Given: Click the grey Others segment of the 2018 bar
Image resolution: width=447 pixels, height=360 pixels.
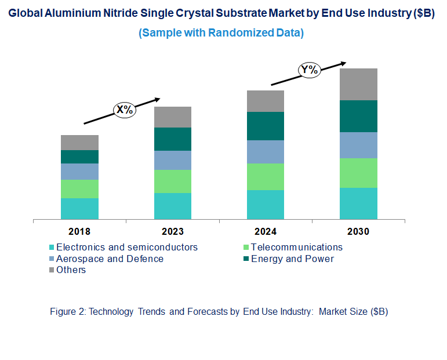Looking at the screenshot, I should (x=79, y=143).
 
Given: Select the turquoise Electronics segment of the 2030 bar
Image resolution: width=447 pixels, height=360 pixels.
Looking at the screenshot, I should (x=358, y=203).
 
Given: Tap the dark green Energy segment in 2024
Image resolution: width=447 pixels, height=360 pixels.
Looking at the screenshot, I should (x=266, y=126).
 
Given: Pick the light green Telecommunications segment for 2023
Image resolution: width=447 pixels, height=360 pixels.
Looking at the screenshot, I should (x=173, y=181).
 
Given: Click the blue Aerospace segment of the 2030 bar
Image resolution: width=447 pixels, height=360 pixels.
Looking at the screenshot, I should (x=358, y=145).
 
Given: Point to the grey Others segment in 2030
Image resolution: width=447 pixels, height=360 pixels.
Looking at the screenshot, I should (x=358, y=84).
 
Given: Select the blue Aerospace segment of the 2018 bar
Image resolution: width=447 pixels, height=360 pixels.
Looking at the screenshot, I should (x=79, y=172).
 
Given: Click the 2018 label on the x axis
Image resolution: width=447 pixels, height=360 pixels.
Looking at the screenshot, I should (x=79, y=231).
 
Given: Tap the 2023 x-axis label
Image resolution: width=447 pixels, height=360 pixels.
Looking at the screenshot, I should (x=173, y=231).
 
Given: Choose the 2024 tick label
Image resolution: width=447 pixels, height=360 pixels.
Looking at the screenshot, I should (x=266, y=231).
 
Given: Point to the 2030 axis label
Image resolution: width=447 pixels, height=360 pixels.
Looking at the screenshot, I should (x=358, y=231).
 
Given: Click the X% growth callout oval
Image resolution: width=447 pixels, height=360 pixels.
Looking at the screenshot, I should (x=123, y=110).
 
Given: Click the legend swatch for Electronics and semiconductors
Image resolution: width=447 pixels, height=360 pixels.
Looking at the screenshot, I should (x=52, y=248).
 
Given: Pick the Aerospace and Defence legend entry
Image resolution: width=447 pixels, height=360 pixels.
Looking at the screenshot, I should (x=110, y=259).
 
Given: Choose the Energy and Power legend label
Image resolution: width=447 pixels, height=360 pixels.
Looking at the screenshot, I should (x=292, y=259).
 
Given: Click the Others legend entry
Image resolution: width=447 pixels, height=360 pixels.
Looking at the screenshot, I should (x=71, y=270).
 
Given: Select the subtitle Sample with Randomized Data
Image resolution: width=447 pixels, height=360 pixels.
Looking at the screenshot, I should (x=221, y=33).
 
